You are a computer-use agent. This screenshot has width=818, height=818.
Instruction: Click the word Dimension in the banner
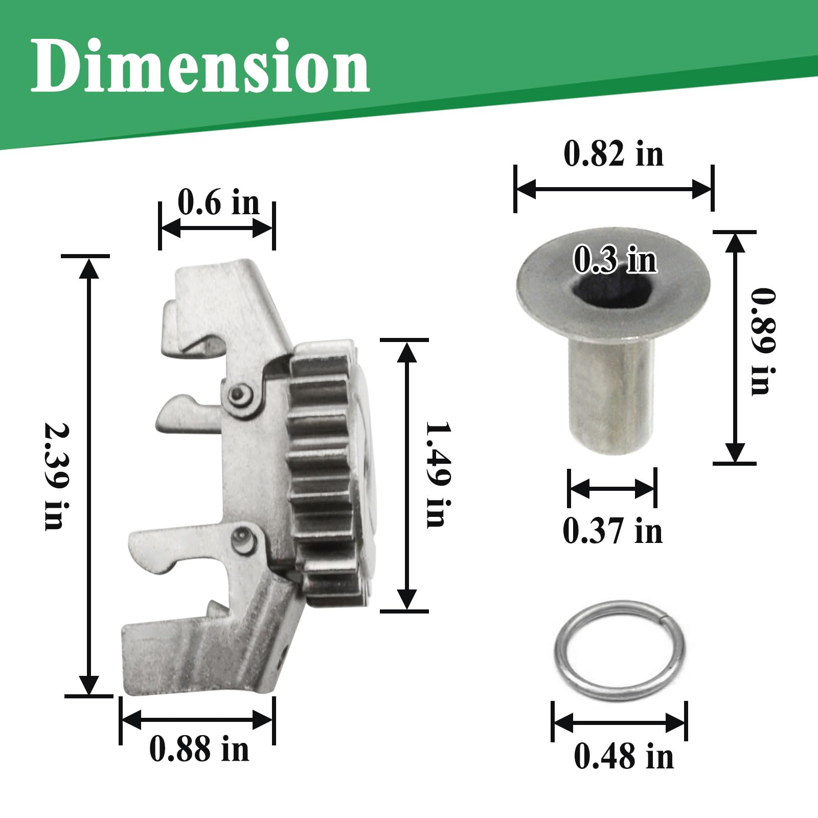click(x=200, y=66)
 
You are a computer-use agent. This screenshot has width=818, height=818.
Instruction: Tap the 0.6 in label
click(x=219, y=202)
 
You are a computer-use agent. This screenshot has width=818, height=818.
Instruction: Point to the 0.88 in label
click(x=199, y=749)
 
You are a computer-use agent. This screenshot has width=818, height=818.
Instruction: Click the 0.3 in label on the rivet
click(x=615, y=260)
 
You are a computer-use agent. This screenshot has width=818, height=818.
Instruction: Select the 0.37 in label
click(x=612, y=531)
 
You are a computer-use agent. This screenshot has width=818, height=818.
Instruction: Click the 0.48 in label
click(x=624, y=757)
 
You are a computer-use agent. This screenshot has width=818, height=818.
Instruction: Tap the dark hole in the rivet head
click(x=613, y=286)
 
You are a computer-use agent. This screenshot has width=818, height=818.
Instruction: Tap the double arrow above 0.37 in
click(x=612, y=489)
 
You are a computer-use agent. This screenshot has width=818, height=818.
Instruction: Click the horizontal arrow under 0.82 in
click(x=613, y=189)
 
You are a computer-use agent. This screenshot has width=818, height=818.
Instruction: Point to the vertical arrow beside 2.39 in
click(x=89, y=475)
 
